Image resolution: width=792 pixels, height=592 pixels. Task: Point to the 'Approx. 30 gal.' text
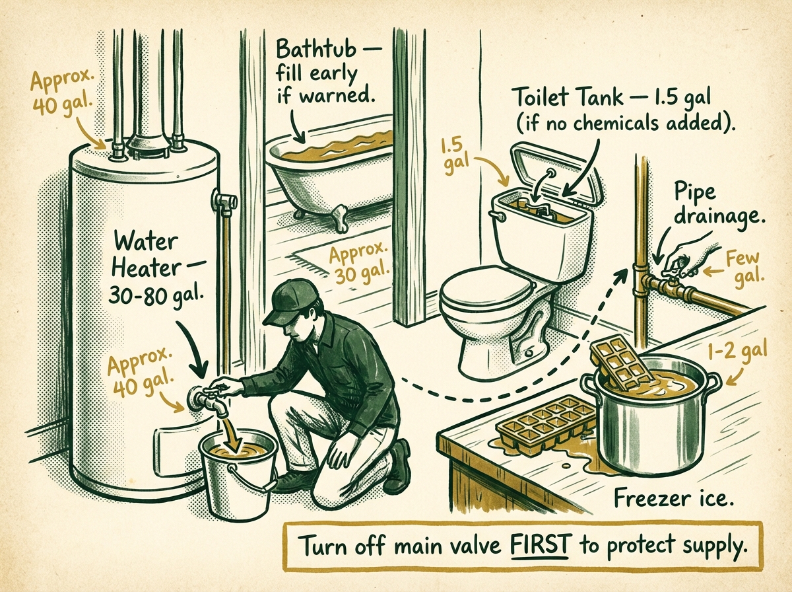pos(360,262)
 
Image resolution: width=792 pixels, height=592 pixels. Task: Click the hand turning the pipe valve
pos(686,257)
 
